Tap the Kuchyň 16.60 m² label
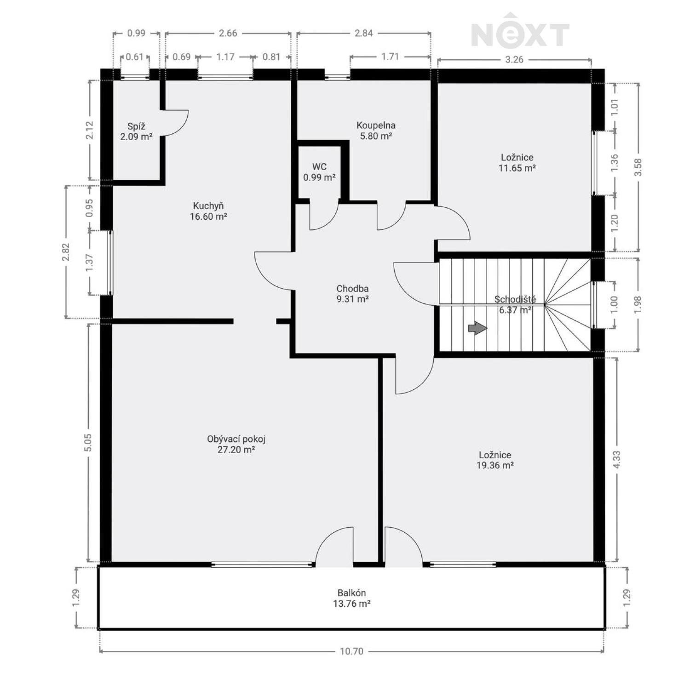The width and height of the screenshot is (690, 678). tap(208, 211)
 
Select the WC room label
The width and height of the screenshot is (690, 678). tap(319, 172)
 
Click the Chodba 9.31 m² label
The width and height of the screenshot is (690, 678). tap(352, 294)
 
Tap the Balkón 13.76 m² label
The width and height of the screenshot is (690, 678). tap(352, 598)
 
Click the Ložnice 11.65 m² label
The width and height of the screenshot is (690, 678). tap(517, 163)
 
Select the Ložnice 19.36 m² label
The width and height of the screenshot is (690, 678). tap(495, 460)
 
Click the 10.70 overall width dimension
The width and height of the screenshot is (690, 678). tap(352, 651)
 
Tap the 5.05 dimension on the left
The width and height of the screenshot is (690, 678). tap(88, 442)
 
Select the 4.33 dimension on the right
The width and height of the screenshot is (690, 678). tap(617, 459)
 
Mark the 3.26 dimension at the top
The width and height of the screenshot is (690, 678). tap(514, 59)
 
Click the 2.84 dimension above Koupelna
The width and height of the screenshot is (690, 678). tap(363, 33)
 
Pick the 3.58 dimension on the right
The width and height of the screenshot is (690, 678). tap(638, 167)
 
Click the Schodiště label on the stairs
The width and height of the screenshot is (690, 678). tap(515, 300)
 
